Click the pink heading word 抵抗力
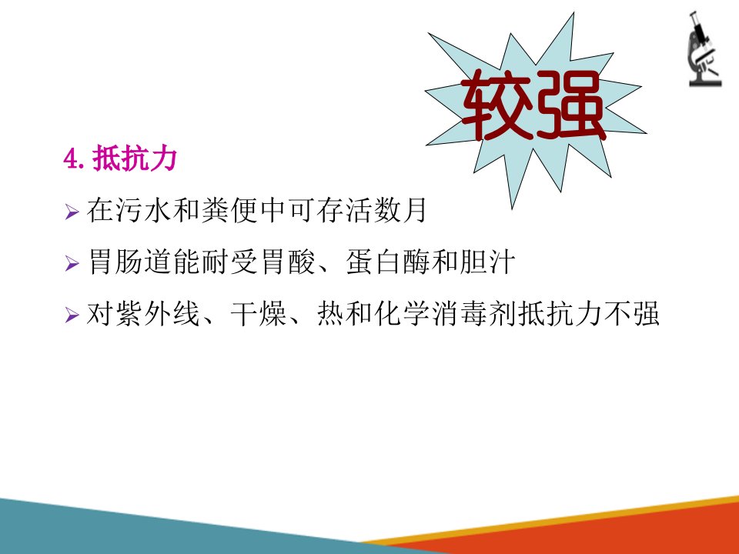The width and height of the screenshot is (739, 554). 134,158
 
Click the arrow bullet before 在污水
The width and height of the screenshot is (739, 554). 72,212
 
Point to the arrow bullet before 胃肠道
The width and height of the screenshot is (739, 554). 72,263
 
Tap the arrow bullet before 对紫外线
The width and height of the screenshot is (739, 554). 72,314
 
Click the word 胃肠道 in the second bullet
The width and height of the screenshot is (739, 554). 129,262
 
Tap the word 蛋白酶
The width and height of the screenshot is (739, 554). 387,262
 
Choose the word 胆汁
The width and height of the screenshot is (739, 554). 487,262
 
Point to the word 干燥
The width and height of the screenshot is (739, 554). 259,313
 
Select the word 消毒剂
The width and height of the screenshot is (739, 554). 474,313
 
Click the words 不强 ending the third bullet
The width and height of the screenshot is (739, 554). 631,313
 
